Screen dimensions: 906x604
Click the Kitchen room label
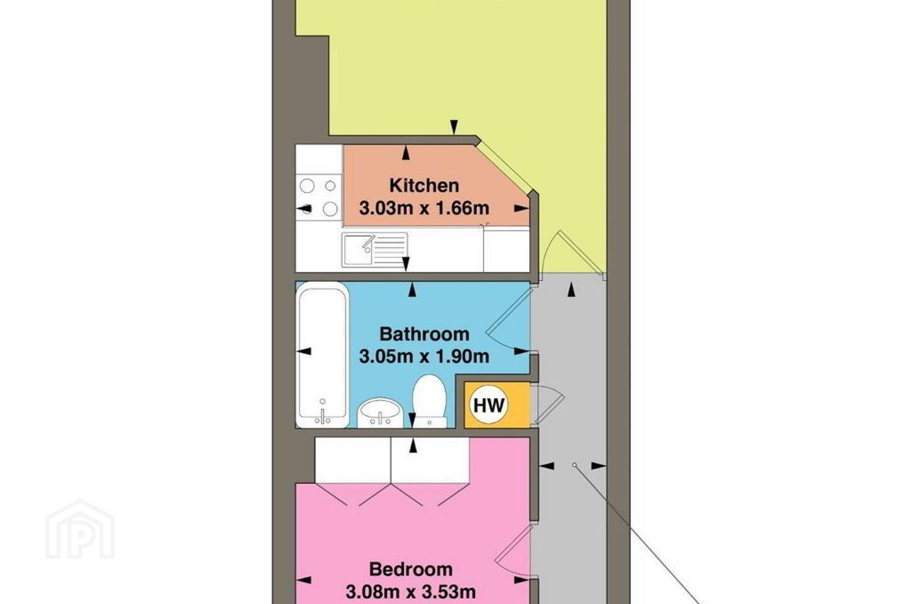click(x=424, y=186)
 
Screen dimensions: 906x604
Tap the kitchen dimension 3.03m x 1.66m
click(x=424, y=208)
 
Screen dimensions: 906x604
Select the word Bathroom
click(x=424, y=334)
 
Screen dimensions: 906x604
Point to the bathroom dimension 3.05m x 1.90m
click(x=424, y=357)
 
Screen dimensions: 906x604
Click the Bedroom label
click(x=411, y=569)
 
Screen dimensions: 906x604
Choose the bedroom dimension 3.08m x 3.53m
click(x=411, y=592)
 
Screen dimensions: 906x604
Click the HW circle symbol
click(x=489, y=405)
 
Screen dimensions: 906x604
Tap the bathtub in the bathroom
click(x=322, y=355)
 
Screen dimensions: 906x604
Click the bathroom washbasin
click(x=380, y=413)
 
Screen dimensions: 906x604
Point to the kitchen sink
click(x=374, y=250)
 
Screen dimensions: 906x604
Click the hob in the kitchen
click(x=319, y=198)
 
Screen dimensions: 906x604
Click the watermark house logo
click(x=80, y=529)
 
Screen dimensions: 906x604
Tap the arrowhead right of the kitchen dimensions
click(x=522, y=208)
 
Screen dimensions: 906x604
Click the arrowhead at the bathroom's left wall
click(x=304, y=351)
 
